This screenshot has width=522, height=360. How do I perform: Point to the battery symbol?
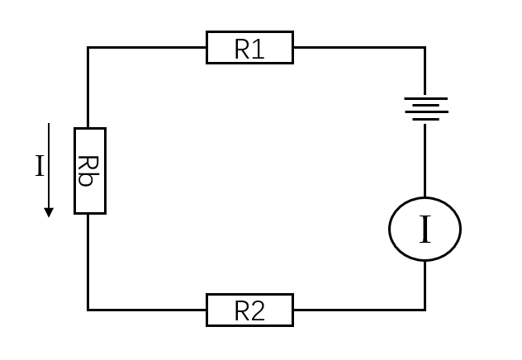point(426,109)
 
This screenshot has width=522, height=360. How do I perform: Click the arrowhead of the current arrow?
point(49,212)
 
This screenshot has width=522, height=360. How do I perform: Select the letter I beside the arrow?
point(40,165)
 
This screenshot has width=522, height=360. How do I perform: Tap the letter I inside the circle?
point(425,230)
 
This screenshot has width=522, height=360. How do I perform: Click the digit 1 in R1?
point(259,49)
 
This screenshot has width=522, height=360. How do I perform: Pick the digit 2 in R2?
point(259,311)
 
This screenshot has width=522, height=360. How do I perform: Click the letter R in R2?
point(242,311)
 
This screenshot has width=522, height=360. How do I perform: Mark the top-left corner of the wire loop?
point(88,48)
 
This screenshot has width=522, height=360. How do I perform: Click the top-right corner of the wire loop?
point(425,48)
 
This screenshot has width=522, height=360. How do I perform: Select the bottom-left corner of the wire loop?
point(88,310)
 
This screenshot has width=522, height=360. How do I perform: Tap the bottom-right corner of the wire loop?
point(425,310)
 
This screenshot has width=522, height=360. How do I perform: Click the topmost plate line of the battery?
point(426,98)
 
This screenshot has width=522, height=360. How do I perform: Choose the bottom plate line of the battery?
point(426,119)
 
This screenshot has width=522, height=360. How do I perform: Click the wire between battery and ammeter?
point(425,160)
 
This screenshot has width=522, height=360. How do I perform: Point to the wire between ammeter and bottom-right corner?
point(425,286)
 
